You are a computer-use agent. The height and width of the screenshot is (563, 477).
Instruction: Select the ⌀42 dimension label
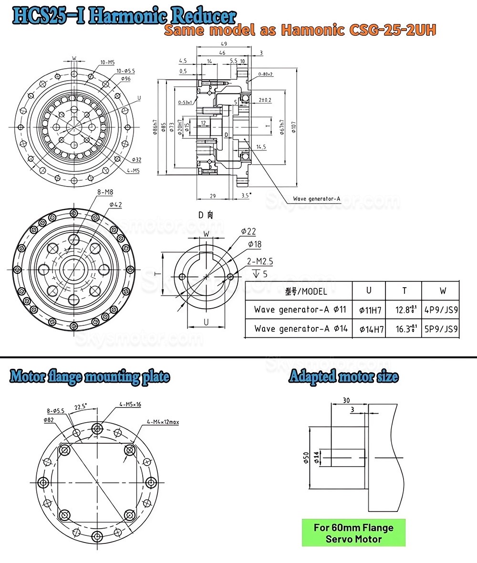tap(116, 205)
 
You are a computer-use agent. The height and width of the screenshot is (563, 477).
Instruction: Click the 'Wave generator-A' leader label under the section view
tap(316, 198)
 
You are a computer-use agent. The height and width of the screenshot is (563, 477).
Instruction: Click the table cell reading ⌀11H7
tap(370, 310)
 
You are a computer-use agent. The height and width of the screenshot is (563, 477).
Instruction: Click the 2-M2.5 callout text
tap(260, 262)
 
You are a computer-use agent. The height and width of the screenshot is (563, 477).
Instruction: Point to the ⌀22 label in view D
tap(249, 231)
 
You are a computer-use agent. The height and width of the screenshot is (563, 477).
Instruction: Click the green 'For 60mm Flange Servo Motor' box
tap(353, 533)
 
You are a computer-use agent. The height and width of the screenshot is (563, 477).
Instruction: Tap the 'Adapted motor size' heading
tap(343, 377)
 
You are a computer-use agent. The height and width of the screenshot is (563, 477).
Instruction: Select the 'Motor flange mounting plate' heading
tap(90, 377)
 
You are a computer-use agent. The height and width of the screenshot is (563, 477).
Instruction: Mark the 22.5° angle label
tap(82, 407)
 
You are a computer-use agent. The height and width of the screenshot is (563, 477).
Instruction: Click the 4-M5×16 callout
tap(130, 405)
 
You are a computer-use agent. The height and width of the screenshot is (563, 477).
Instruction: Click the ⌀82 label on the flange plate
tap(50, 419)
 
